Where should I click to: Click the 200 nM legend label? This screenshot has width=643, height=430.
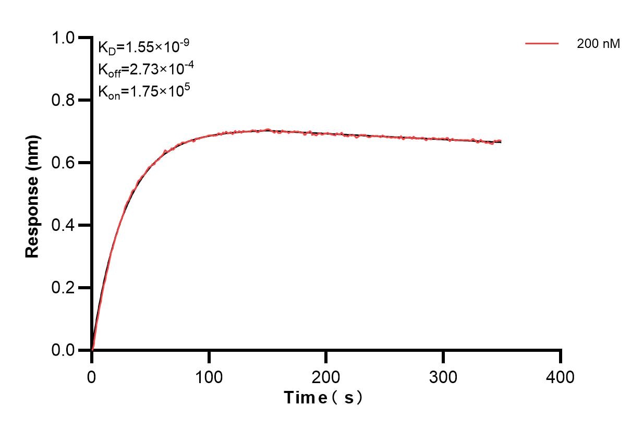(x=598, y=44)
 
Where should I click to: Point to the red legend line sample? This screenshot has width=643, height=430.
(x=542, y=44)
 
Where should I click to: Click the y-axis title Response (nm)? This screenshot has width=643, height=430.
(x=32, y=195)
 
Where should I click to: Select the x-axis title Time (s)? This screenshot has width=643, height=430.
(x=323, y=398)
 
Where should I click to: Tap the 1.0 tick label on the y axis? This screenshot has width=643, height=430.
(x=64, y=38)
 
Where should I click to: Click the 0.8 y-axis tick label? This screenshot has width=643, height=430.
(x=64, y=100)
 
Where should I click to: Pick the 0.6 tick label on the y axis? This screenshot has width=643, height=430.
(x=64, y=163)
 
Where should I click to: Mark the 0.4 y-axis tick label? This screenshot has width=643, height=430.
(x=64, y=225)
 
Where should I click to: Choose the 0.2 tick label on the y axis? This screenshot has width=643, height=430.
(x=64, y=288)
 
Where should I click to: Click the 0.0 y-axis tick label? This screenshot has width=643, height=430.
(x=64, y=350)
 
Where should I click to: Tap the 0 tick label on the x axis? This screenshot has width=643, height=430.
(x=92, y=376)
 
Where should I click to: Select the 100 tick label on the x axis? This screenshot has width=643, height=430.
(x=209, y=376)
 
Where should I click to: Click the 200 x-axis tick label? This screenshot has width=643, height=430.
(x=326, y=376)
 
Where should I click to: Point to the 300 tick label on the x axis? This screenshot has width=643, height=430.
(x=443, y=376)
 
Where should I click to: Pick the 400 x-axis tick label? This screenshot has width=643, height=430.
(x=560, y=376)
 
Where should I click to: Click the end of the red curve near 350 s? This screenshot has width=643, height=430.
(x=501, y=141)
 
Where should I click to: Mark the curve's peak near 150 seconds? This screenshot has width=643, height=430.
(x=268, y=129)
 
